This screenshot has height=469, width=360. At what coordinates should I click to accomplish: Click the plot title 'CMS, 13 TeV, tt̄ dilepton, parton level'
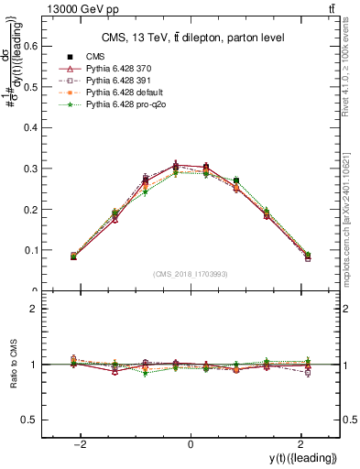click(x=191, y=38)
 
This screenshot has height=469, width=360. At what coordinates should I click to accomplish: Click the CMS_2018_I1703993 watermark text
click(x=191, y=274)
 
